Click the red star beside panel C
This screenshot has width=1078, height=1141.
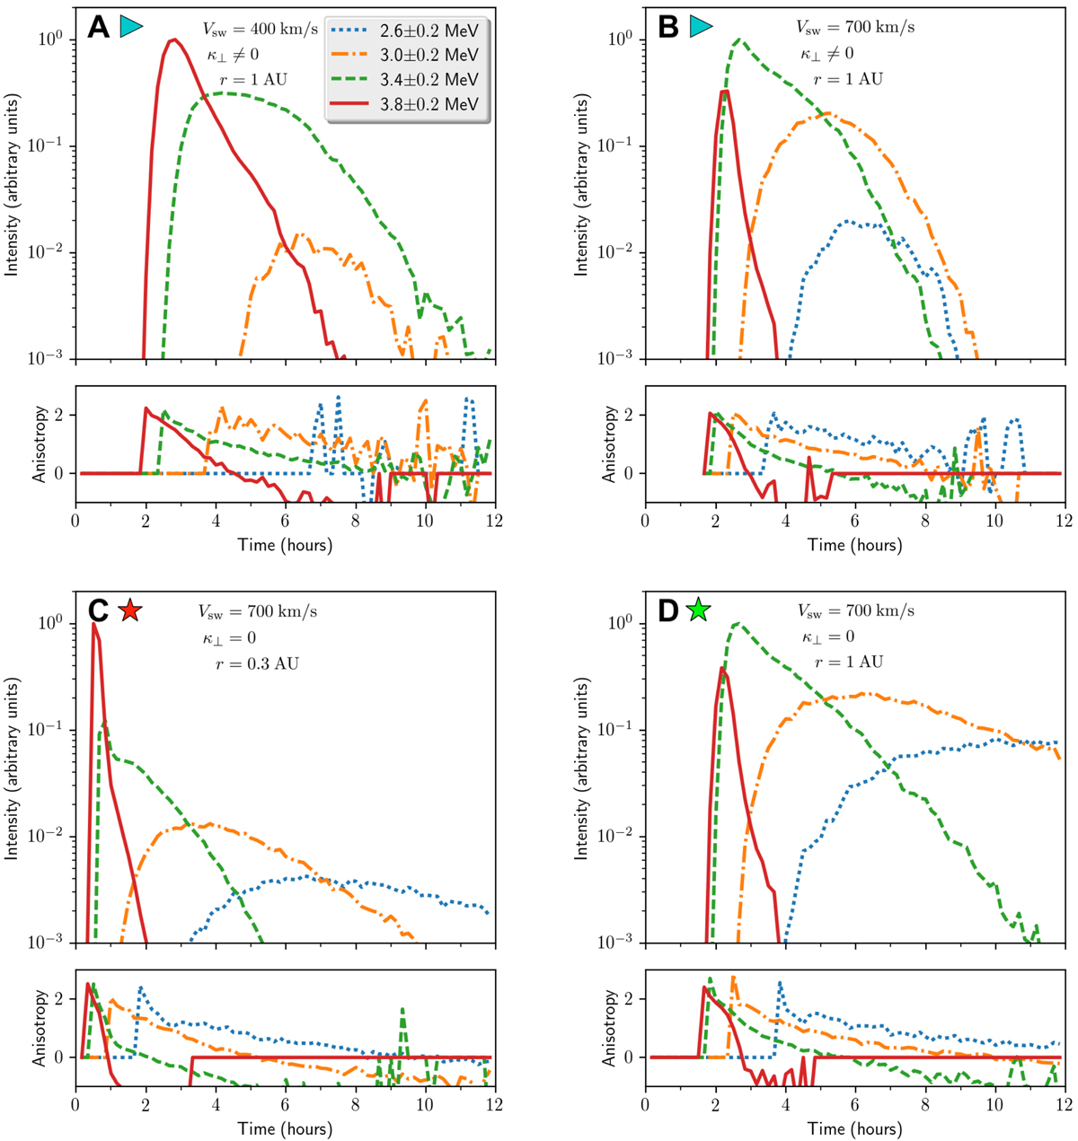click(130, 610)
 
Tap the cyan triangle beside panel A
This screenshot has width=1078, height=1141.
click(131, 28)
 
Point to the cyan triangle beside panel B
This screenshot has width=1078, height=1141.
click(700, 28)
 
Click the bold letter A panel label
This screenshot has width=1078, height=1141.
click(99, 28)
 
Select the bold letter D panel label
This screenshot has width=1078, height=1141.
click(668, 611)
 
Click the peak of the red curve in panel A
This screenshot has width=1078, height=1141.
click(175, 39)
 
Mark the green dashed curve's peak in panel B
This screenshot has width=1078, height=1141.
click(738, 39)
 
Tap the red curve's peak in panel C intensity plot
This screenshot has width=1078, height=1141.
click(93, 624)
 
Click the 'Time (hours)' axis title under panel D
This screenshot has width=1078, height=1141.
click(854, 1128)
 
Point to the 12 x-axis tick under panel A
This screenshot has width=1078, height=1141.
click(494, 521)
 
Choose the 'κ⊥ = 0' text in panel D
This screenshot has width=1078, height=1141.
click(829, 637)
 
